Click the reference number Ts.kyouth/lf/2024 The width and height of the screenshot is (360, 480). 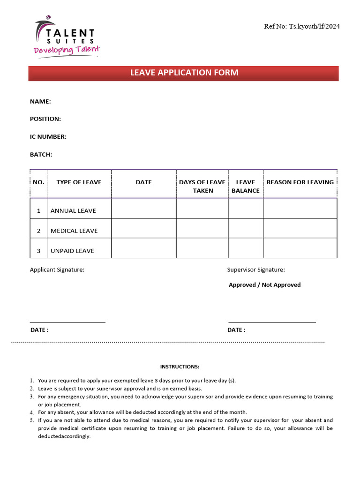point(302,26)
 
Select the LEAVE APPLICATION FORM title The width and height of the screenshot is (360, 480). point(184,73)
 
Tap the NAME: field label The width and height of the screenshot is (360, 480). point(40,101)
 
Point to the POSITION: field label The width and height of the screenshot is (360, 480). point(45,119)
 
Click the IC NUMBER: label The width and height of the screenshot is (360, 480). point(48,137)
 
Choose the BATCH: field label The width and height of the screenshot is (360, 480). point(41,154)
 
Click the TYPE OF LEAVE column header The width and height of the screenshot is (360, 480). point(79,182)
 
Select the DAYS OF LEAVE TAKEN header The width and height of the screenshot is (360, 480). point(202,186)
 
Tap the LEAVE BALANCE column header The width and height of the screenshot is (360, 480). point(246,186)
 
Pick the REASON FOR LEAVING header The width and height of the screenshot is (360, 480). point(300,182)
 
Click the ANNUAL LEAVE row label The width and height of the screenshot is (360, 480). point(73,211)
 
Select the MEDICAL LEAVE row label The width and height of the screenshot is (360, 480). point(74,231)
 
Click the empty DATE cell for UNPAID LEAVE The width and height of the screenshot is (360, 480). point(144,248)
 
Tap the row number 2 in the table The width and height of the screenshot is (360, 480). point(38,231)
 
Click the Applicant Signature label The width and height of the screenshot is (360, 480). point(57,270)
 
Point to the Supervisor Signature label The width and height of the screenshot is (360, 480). point(256,270)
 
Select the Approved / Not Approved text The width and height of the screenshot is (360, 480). point(265,285)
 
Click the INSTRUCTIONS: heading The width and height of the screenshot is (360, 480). point(180,367)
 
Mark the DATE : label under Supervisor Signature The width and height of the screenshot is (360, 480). point(236,330)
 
